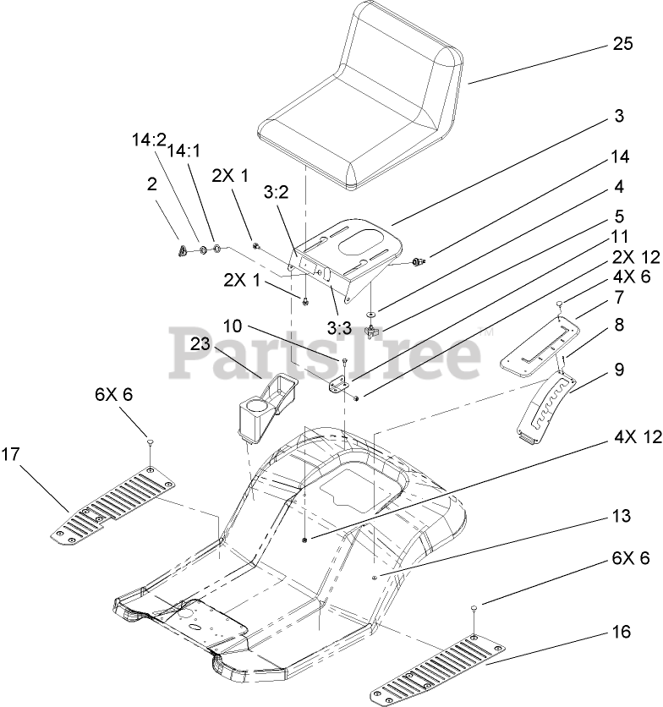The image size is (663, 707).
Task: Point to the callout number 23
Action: [200, 343]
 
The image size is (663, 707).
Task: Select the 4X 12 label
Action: [634, 438]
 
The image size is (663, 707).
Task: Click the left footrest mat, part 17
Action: [114, 505]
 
